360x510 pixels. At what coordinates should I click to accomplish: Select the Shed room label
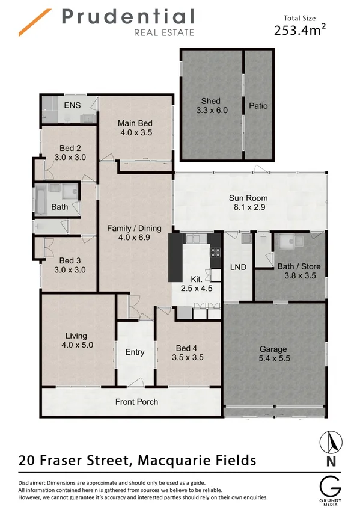(x=210, y=101)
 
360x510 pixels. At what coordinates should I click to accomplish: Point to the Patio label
(x=258, y=106)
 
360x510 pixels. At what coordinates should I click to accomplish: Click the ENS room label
(x=72, y=105)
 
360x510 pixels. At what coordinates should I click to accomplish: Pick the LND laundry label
(x=239, y=267)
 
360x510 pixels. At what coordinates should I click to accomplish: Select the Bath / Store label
(x=299, y=266)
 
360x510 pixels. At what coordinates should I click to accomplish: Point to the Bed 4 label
(x=186, y=348)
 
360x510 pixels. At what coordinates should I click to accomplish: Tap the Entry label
(x=135, y=352)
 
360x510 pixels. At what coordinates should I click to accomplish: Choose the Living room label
(x=76, y=336)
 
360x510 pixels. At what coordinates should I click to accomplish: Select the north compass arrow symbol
(x=329, y=444)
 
